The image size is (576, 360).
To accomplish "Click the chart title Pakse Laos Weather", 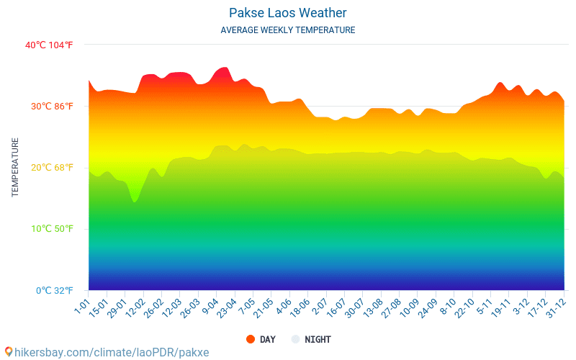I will click(x=287, y=13).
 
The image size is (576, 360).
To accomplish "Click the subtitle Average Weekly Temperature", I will click(x=287, y=30).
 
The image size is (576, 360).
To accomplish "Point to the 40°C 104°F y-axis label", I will click(x=49, y=45).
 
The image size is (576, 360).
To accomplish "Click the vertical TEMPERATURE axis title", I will click(x=15, y=167).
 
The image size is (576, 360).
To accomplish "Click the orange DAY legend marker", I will click(x=251, y=339).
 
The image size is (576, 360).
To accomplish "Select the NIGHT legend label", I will click(x=318, y=339).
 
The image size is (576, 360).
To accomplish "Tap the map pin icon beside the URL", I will click(x=8, y=352).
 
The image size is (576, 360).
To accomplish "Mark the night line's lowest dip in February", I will click(x=135, y=202).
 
